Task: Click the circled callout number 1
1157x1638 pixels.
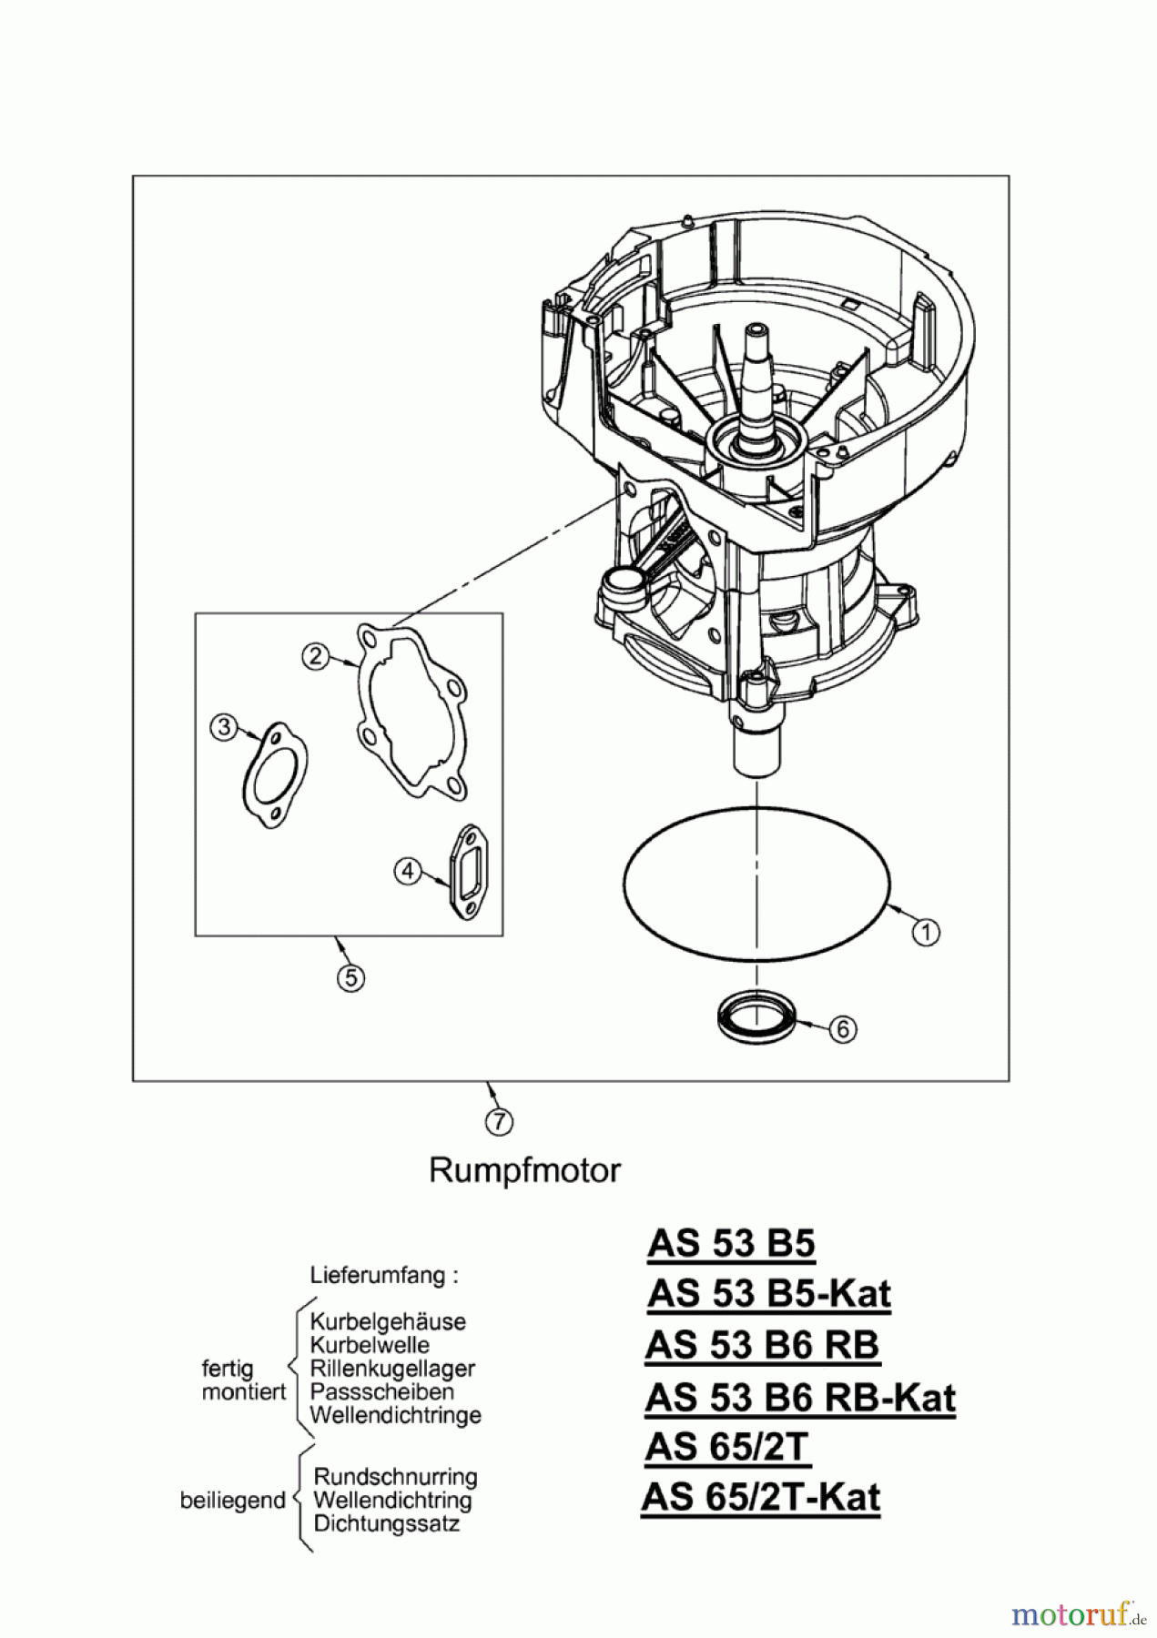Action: [x=926, y=932]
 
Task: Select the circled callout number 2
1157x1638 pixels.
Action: [x=315, y=655]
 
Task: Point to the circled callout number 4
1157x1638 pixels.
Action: [x=407, y=871]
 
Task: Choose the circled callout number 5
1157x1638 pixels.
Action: [x=350, y=977]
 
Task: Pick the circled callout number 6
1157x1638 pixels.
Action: [x=843, y=1028]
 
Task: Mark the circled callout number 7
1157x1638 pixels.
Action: [x=499, y=1122]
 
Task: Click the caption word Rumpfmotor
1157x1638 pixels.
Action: [x=524, y=1169]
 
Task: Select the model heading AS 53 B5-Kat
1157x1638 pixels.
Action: [x=769, y=1293]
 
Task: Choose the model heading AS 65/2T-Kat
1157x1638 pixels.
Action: [x=761, y=1497]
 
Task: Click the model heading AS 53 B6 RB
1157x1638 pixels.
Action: [x=762, y=1345]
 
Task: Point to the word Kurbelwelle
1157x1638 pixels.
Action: [x=370, y=1345]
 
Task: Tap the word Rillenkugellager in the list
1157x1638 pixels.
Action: [x=392, y=1369]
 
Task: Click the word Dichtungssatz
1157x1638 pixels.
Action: [x=387, y=1523]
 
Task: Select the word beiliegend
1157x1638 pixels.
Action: [x=233, y=1501]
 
